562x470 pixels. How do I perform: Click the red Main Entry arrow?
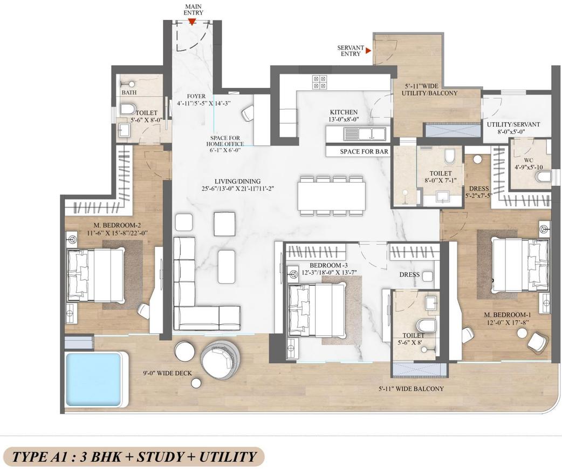[x=191, y=22]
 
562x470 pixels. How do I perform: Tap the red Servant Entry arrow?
[x=368, y=51]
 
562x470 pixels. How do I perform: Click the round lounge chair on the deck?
[x=221, y=359]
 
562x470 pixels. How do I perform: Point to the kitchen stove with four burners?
[x=319, y=82]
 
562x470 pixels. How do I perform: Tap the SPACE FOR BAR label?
[x=364, y=152]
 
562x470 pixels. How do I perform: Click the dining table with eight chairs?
[x=331, y=195]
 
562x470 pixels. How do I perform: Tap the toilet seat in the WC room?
[x=544, y=177]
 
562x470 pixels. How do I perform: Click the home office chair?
[x=248, y=113]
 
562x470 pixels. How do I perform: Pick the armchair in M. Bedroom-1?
[x=537, y=341]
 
